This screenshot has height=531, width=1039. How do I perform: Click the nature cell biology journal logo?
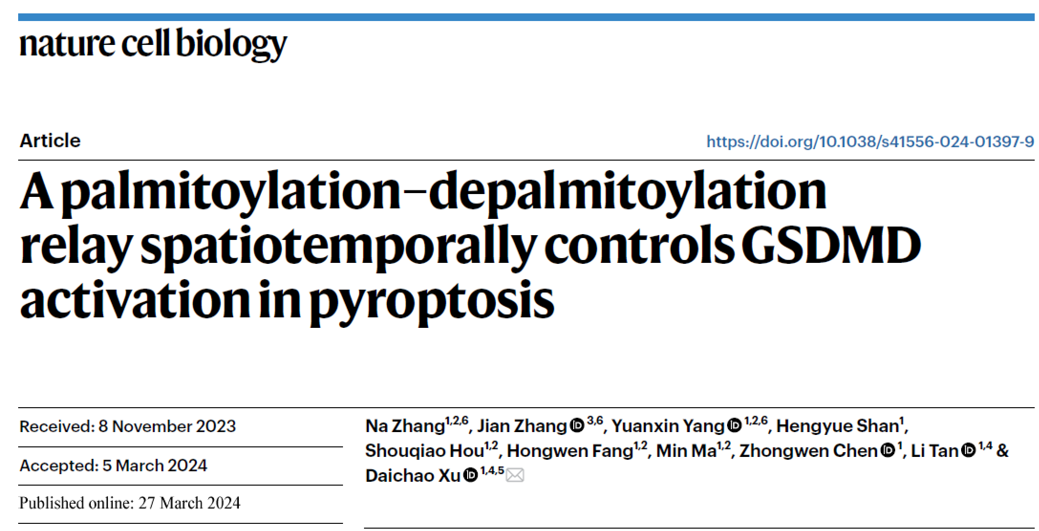tap(153, 43)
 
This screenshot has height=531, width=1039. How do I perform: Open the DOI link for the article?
tap(870, 141)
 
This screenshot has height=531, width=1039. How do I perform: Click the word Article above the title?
tap(50, 141)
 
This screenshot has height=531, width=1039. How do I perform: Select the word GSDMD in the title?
tap(831, 246)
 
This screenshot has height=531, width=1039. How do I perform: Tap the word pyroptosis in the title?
tap(432, 302)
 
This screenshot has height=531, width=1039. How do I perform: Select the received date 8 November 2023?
tap(167, 426)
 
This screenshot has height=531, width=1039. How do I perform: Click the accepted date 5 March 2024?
tap(155, 466)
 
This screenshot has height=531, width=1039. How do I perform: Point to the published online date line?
tap(129, 503)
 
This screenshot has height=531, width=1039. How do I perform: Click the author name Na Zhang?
tap(405, 426)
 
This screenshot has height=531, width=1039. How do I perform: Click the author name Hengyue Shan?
tap(837, 426)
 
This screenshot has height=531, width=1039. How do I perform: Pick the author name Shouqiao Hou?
tap(425, 451)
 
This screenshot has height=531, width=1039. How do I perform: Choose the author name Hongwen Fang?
tap(569, 451)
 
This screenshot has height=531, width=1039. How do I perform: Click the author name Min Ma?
tap(686, 451)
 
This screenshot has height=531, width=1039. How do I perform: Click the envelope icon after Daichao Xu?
tap(515, 476)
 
